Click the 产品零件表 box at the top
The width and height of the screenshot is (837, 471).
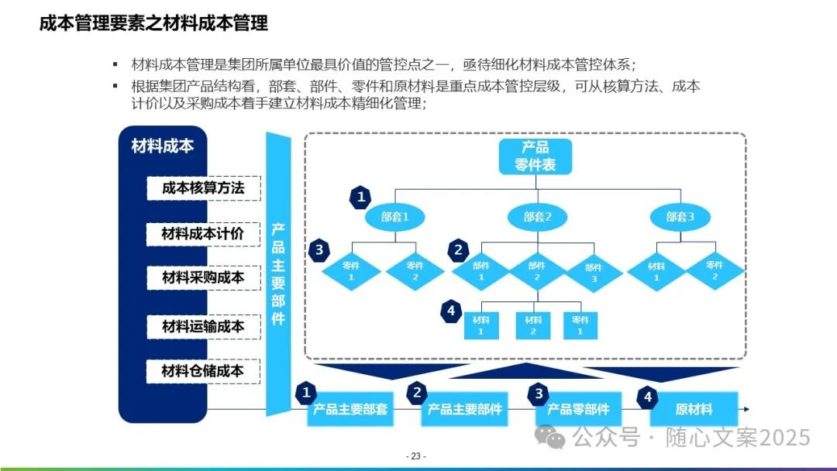click(x=535, y=156)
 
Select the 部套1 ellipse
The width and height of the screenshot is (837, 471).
click(x=394, y=217)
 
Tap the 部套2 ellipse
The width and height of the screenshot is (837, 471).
click(x=536, y=217)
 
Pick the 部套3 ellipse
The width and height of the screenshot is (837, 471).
click(x=680, y=217)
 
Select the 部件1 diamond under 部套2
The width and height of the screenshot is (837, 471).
click(x=480, y=270)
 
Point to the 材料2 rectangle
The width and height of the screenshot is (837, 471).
click(x=533, y=325)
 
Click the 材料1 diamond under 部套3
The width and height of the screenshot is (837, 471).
click(x=656, y=270)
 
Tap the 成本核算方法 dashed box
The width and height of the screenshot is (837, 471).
click(x=203, y=188)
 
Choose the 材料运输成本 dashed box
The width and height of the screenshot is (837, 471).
click(x=203, y=326)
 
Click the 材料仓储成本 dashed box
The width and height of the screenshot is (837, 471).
click(x=203, y=371)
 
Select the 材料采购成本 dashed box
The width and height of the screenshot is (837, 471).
click(x=203, y=277)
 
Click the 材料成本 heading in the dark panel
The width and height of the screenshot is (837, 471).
click(x=163, y=146)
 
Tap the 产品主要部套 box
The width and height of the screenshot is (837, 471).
click(x=350, y=410)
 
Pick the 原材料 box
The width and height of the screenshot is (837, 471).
click(x=693, y=410)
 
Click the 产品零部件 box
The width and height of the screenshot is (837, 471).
click(x=578, y=410)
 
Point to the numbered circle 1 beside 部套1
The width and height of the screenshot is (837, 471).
click(x=360, y=197)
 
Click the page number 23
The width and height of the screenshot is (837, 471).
click(x=417, y=456)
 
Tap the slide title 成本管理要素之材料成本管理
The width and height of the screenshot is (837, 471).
click(x=153, y=24)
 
